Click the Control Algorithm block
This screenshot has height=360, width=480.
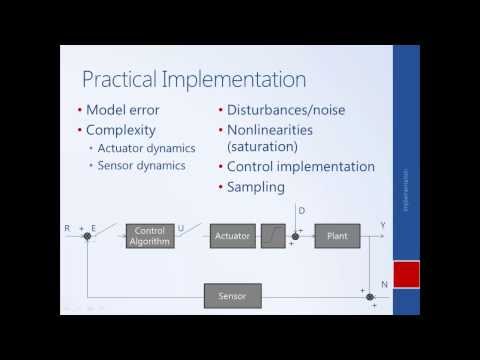coord(149,236)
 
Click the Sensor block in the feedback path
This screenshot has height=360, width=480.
coord(231,295)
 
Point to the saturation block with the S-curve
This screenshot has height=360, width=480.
coord(273,236)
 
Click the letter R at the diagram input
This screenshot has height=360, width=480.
coord(67,228)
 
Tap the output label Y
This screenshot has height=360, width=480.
coord(382,228)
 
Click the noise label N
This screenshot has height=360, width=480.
coord(384,285)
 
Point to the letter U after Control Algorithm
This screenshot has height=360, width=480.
coord(180,228)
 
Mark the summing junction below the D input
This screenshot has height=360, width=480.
coord(297,237)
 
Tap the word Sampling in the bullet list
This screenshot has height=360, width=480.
coord(256,186)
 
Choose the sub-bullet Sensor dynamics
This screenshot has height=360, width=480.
coord(141,165)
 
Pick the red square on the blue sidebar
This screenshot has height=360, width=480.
coord(405,275)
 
